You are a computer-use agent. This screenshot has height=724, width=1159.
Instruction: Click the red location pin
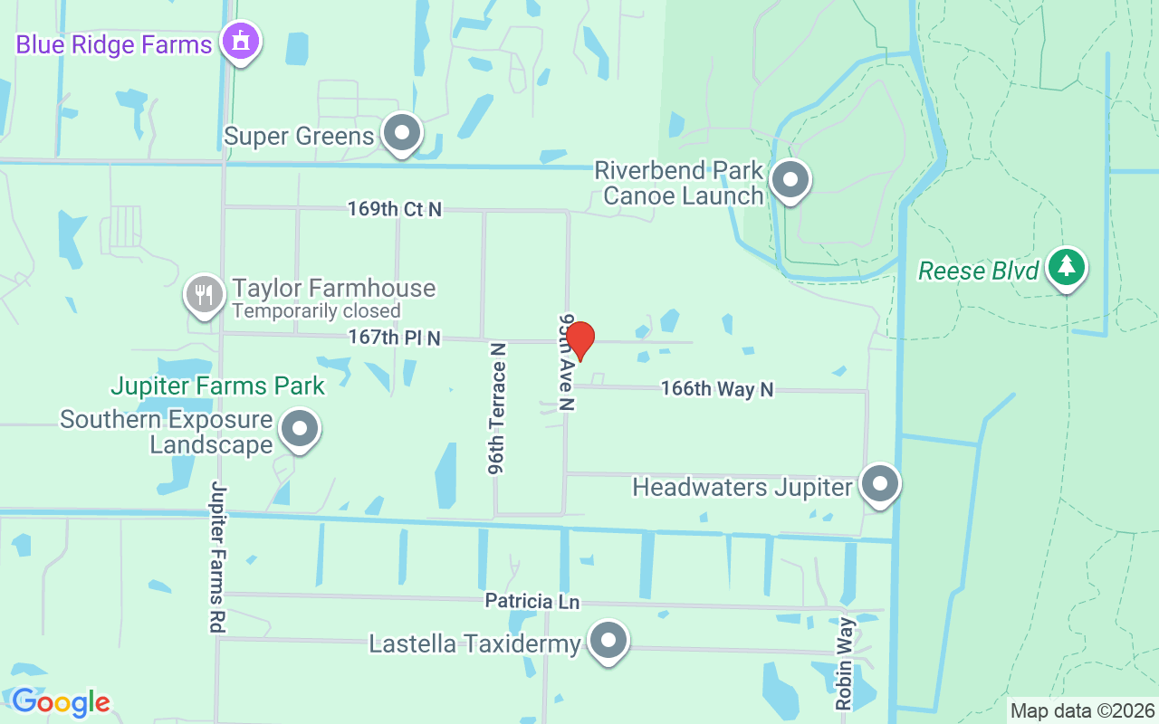[579, 339]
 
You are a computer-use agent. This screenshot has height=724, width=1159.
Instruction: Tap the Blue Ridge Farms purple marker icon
[240, 42]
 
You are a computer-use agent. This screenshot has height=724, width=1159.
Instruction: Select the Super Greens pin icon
[402, 133]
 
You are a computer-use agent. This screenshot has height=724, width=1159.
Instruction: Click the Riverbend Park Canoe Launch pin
[790, 179]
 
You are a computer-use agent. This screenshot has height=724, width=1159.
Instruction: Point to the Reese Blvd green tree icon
[1068, 267]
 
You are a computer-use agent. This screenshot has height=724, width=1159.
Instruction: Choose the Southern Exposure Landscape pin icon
[300, 430]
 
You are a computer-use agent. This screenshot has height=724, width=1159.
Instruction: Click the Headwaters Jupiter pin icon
[879, 484]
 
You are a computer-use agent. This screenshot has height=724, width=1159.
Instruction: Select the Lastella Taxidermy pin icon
[608, 641]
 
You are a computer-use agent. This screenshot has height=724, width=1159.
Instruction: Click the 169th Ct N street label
[395, 209]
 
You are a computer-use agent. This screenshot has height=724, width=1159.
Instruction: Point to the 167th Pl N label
[394, 338]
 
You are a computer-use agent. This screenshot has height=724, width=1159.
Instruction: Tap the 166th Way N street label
[717, 389]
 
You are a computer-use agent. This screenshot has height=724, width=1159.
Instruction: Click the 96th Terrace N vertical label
[496, 407]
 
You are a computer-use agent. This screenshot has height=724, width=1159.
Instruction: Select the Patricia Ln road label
[532, 601]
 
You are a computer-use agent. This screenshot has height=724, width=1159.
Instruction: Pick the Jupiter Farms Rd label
[217, 557]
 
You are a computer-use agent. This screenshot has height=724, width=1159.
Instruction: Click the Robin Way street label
[845, 663]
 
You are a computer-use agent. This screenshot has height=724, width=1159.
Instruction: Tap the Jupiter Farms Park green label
[217, 386]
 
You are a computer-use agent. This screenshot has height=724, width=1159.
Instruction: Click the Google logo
[61, 701]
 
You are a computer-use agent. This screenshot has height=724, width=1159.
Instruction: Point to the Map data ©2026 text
[1083, 710]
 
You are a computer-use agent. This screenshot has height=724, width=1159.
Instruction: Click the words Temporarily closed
[316, 311]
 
